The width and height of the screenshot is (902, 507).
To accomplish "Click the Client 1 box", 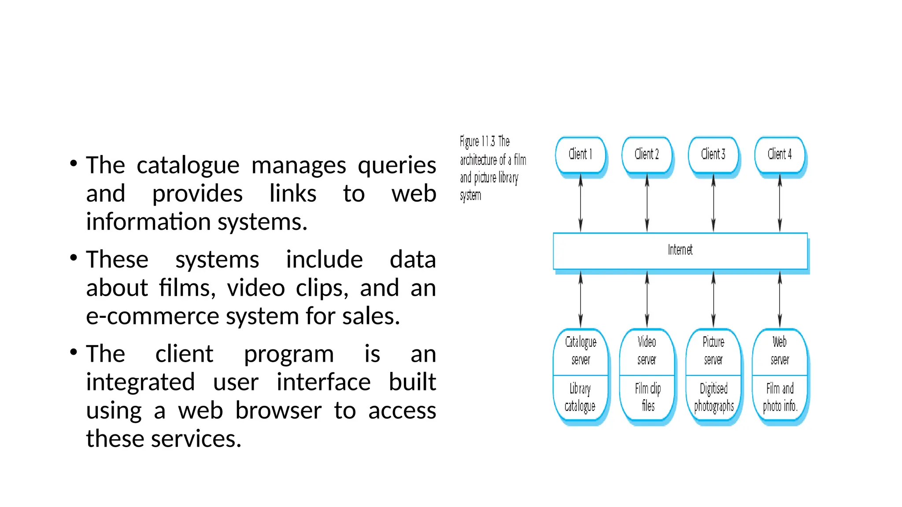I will [580, 154].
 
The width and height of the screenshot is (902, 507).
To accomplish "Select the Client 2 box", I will [647, 154].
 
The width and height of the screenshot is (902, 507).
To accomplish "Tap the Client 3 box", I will [713, 154].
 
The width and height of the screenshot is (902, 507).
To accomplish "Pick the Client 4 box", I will [780, 154].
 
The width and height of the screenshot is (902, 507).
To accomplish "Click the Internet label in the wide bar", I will [680, 250].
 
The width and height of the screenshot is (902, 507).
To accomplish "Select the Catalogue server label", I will [580, 351].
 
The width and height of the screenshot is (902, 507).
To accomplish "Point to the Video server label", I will [647, 351].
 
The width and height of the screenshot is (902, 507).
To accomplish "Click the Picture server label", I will [713, 351].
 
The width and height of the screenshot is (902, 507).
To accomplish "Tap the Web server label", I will [780, 351].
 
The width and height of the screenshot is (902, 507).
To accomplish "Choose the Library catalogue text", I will [580, 397].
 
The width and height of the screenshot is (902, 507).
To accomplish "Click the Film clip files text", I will [647, 397].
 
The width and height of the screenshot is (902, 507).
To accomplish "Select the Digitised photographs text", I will [713, 397].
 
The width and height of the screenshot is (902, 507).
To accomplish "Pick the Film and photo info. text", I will [780, 397].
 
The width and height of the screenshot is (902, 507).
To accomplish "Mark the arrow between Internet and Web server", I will [780, 299].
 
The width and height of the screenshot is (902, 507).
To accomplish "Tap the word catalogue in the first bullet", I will [188, 165].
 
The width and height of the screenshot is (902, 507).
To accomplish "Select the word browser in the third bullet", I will [278, 410].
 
